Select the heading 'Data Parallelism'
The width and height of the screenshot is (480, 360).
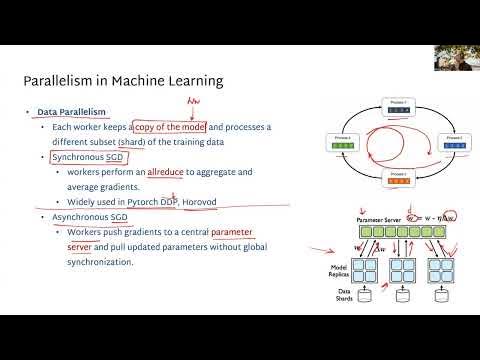click(70, 113)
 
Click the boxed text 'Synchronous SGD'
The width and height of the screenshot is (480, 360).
click(83, 158)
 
